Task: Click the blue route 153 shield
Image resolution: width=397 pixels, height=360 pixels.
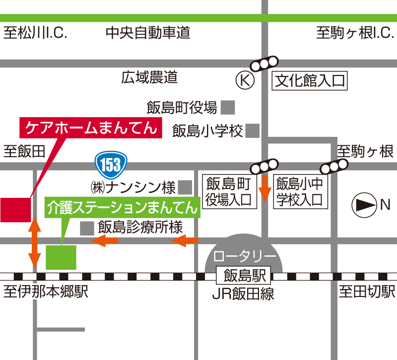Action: [x=111, y=164]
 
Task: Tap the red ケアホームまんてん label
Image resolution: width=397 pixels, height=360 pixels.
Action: [x=91, y=127]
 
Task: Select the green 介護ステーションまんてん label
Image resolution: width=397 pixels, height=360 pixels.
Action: [x=123, y=208]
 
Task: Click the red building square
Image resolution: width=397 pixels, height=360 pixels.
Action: [x=15, y=209]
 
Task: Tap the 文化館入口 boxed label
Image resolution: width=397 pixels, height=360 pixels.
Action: [x=310, y=80]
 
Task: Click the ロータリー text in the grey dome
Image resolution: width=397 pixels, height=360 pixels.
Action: [x=245, y=257]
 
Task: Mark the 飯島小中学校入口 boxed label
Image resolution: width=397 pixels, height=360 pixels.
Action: [x=300, y=191]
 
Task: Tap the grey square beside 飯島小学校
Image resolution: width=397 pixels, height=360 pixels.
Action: [x=253, y=131]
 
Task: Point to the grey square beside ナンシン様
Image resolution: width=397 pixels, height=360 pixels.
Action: [x=185, y=187]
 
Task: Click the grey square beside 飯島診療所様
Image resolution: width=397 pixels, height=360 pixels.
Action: [x=87, y=228]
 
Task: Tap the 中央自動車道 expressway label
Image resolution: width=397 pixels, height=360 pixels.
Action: [x=148, y=34]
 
